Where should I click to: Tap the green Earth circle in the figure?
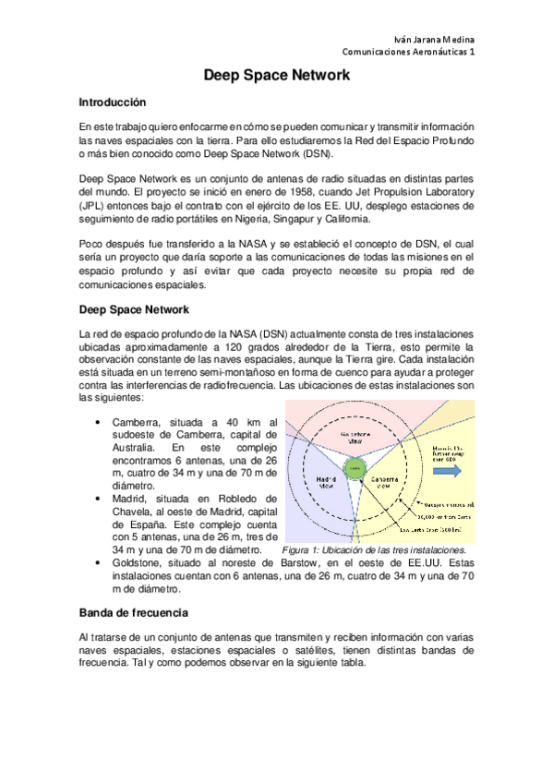coord(355,469)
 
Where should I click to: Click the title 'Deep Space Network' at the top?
coord(276,78)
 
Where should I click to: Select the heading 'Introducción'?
coord(112,102)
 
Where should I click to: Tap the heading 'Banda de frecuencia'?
coord(134,612)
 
